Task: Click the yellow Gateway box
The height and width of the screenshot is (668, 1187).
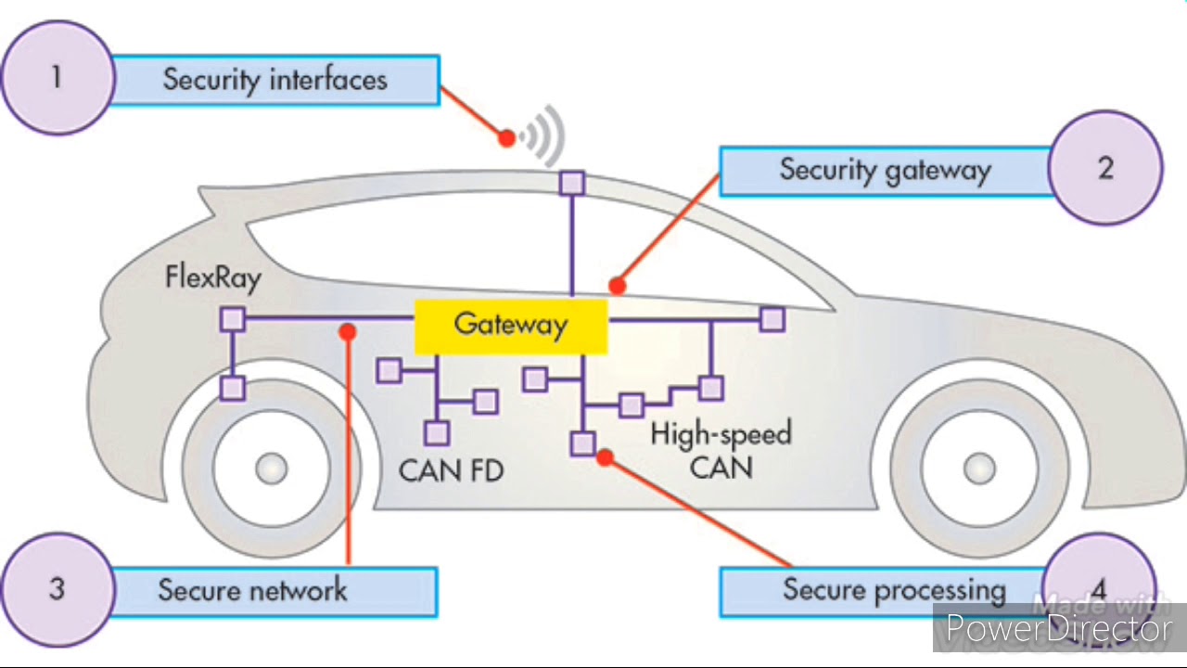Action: tap(510, 326)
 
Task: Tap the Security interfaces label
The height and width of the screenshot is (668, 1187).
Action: tap(274, 80)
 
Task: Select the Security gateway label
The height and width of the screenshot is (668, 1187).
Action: tap(885, 171)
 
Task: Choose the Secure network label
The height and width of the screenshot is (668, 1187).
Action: tap(253, 590)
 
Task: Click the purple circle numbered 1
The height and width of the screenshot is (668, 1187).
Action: tap(57, 78)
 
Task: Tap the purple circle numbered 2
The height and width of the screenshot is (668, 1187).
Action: tap(1104, 168)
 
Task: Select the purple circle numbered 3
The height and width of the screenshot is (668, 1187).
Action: tap(57, 588)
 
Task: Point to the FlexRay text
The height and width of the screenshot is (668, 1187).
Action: tap(213, 276)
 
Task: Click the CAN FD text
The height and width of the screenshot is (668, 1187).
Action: tap(452, 470)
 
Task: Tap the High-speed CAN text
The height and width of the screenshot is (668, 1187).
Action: tap(721, 450)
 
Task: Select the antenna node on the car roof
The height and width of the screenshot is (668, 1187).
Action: tap(572, 183)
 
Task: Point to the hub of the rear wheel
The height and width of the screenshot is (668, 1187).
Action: tap(271, 469)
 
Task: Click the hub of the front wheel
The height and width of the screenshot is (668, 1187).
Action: tap(978, 469)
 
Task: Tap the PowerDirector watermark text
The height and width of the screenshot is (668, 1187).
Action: tap(1058, 630)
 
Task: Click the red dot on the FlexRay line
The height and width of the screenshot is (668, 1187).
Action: tap(348, 331)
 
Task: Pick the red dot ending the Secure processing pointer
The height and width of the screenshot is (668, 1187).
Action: tap(605, 456)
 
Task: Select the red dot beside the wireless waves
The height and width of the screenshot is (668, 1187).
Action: tap(506, 138)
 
